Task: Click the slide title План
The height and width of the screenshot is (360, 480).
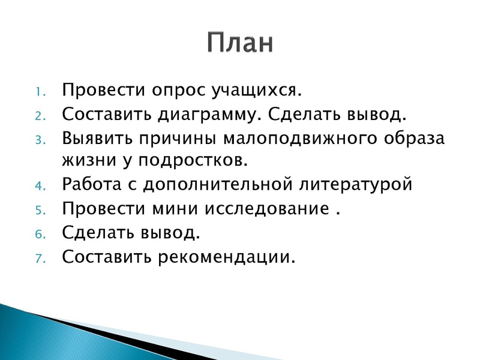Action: pyautogui.click(x=241, y=43)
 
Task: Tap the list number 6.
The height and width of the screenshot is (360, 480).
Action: pyautogui.click(x=37, y=235)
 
